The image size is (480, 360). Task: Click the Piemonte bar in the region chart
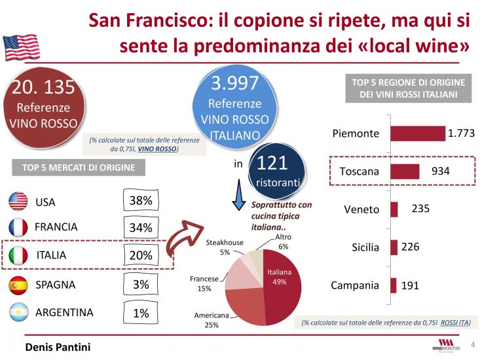coord(417,133)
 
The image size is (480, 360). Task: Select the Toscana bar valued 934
coord(405,171)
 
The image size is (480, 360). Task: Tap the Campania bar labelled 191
coord(394,285)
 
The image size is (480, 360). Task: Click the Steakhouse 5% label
coord(225,247)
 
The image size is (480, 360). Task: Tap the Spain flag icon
coord(18,285)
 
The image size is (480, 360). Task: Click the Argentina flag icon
coord(18,313)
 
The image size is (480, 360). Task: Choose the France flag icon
coord(18,227)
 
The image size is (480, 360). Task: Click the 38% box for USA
coord(141,201)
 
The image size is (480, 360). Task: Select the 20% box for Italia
coord(141,255)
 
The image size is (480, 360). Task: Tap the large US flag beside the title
coord(22,47)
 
